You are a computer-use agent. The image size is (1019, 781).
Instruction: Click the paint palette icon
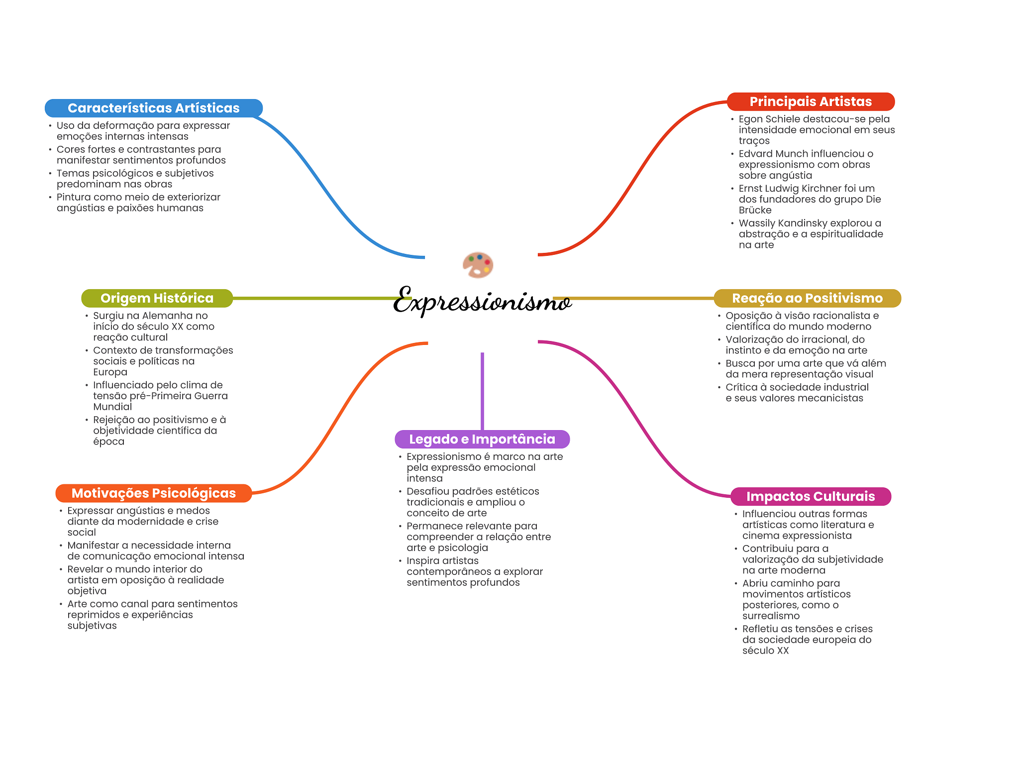(x=478, y=264)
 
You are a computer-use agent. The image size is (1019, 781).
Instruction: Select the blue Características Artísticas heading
(x=153, y=108)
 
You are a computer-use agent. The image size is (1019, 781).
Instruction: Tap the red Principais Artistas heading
(x=811, y=102)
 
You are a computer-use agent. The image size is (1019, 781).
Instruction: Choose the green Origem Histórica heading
(x=157, y=298)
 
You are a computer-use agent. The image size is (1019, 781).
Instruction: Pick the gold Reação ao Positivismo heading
(x=807, y=298)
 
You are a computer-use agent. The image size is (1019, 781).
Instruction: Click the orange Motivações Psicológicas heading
(x=153, y=493)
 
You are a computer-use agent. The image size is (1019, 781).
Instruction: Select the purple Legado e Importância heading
(x=482, y=439)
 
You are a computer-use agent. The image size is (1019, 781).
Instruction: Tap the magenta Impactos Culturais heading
(x=810, y=496)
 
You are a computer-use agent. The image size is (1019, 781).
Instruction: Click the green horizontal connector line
(x=318, y=298)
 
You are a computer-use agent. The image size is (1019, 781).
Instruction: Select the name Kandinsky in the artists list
(x=800, y=223)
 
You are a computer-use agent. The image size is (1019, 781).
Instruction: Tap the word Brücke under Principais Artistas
(x=755, y=210)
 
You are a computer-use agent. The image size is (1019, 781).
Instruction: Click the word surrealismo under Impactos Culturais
(x=771, y=616)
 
